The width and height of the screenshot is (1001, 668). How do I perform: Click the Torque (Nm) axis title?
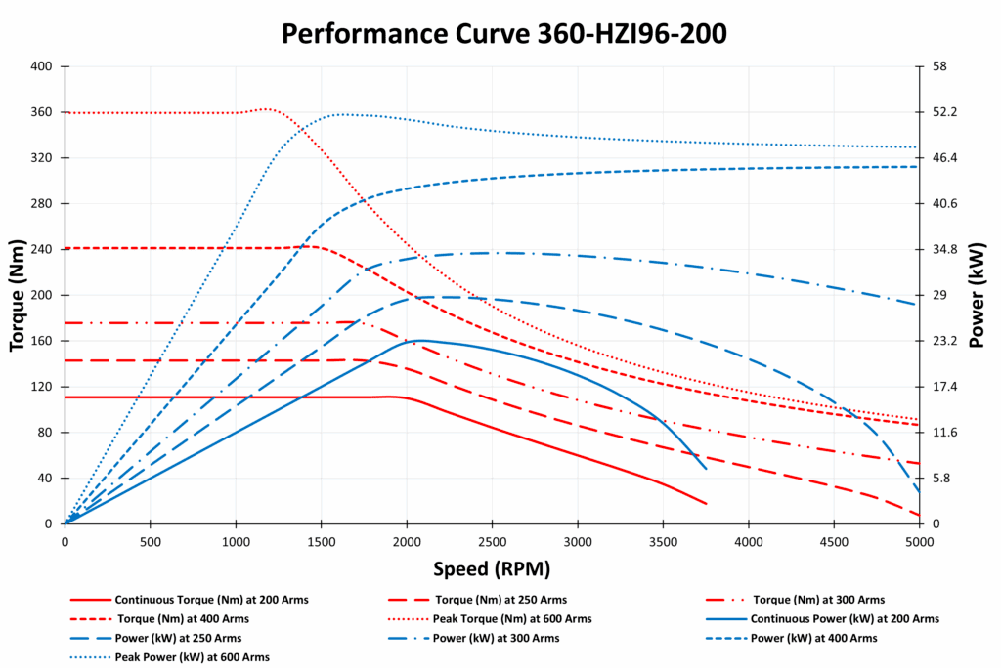17,295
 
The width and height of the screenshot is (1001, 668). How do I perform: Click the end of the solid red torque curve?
706,504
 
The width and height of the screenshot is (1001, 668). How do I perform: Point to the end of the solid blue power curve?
706,469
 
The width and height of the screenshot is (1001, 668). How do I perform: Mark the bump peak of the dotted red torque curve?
267,108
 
